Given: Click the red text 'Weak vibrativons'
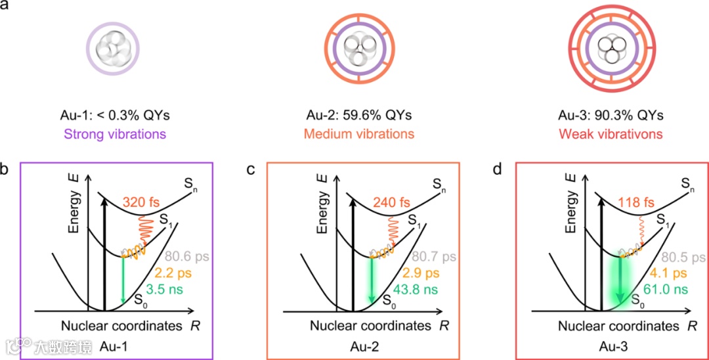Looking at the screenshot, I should click(x=611, y=134).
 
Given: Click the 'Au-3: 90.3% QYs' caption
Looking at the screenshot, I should click(x=611, y=116).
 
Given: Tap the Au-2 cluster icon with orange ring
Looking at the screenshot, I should click(x=358, y=48).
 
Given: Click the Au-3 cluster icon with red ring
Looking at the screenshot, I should click(x=611, y=48).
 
